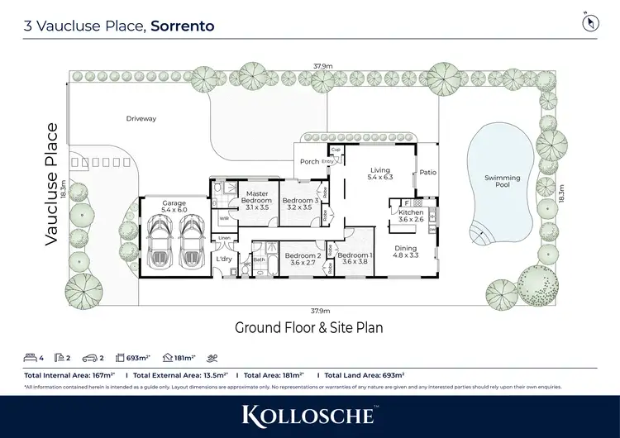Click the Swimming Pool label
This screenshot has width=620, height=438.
[x=502, y=181]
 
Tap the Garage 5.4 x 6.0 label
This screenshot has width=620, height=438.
[x=174, y=207]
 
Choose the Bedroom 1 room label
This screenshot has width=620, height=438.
[x=355, y=259]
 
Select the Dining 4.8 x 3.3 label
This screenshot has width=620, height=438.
[x=405, y=252]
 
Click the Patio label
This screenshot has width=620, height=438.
[x=427, y=173]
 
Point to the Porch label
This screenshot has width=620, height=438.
[x=309, y=162]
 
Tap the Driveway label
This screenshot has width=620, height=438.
[x=141, y=119]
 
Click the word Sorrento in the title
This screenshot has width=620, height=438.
[x=183, y=26]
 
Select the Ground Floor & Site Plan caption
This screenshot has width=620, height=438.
[x=309, y=328]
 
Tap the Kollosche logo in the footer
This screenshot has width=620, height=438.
[x=309, y=415]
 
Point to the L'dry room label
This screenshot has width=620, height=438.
[x=223, y=259]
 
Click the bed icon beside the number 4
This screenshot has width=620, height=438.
[x=31, y=359]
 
